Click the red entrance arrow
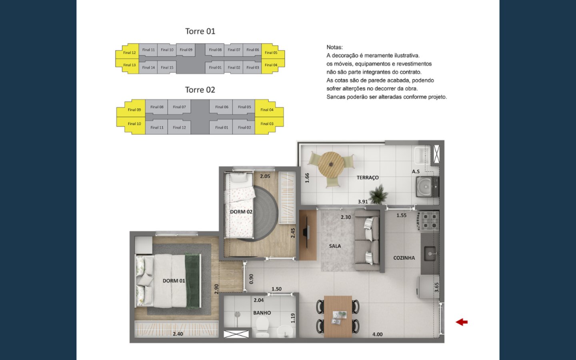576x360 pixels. [x=462, y=322]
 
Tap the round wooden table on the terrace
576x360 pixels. [x=331, y=164]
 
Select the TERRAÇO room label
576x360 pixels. [x=368, y=178]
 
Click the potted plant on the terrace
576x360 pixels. [x=378, y=194]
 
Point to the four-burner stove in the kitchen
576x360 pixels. [x=430, y=221]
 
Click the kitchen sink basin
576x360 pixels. [x=430, y=253]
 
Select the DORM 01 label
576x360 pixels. [x=174, y=281]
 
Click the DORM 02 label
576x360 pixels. [x=241, y=212]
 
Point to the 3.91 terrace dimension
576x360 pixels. [x=363, y=202]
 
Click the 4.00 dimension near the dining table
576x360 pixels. [x=378, y=334]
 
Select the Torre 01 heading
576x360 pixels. [x=200, y=31]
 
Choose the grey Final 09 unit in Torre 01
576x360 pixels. [x=186, y=50]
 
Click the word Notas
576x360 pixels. [x=334, y=47]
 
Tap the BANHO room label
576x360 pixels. [x=262, y=313]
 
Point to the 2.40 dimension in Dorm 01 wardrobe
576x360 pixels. [x=178, y=334]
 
